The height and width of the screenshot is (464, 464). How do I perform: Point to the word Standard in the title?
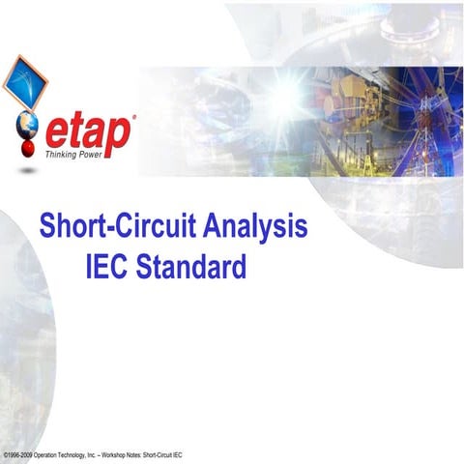[191, 265]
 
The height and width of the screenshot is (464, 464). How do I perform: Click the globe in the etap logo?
[26, 126]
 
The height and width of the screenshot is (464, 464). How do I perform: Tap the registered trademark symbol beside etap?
[132, 117]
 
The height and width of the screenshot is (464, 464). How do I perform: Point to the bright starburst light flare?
[289, 92]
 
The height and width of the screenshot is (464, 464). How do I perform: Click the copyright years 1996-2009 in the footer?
[21, 453]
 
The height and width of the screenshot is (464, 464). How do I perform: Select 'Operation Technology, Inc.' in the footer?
[65, 453]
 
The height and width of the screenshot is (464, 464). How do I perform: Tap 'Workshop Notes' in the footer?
[121, 453]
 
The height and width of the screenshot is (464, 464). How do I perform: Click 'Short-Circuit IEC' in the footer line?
[163, 453]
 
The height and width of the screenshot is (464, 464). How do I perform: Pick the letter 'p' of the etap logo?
[119, 138]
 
